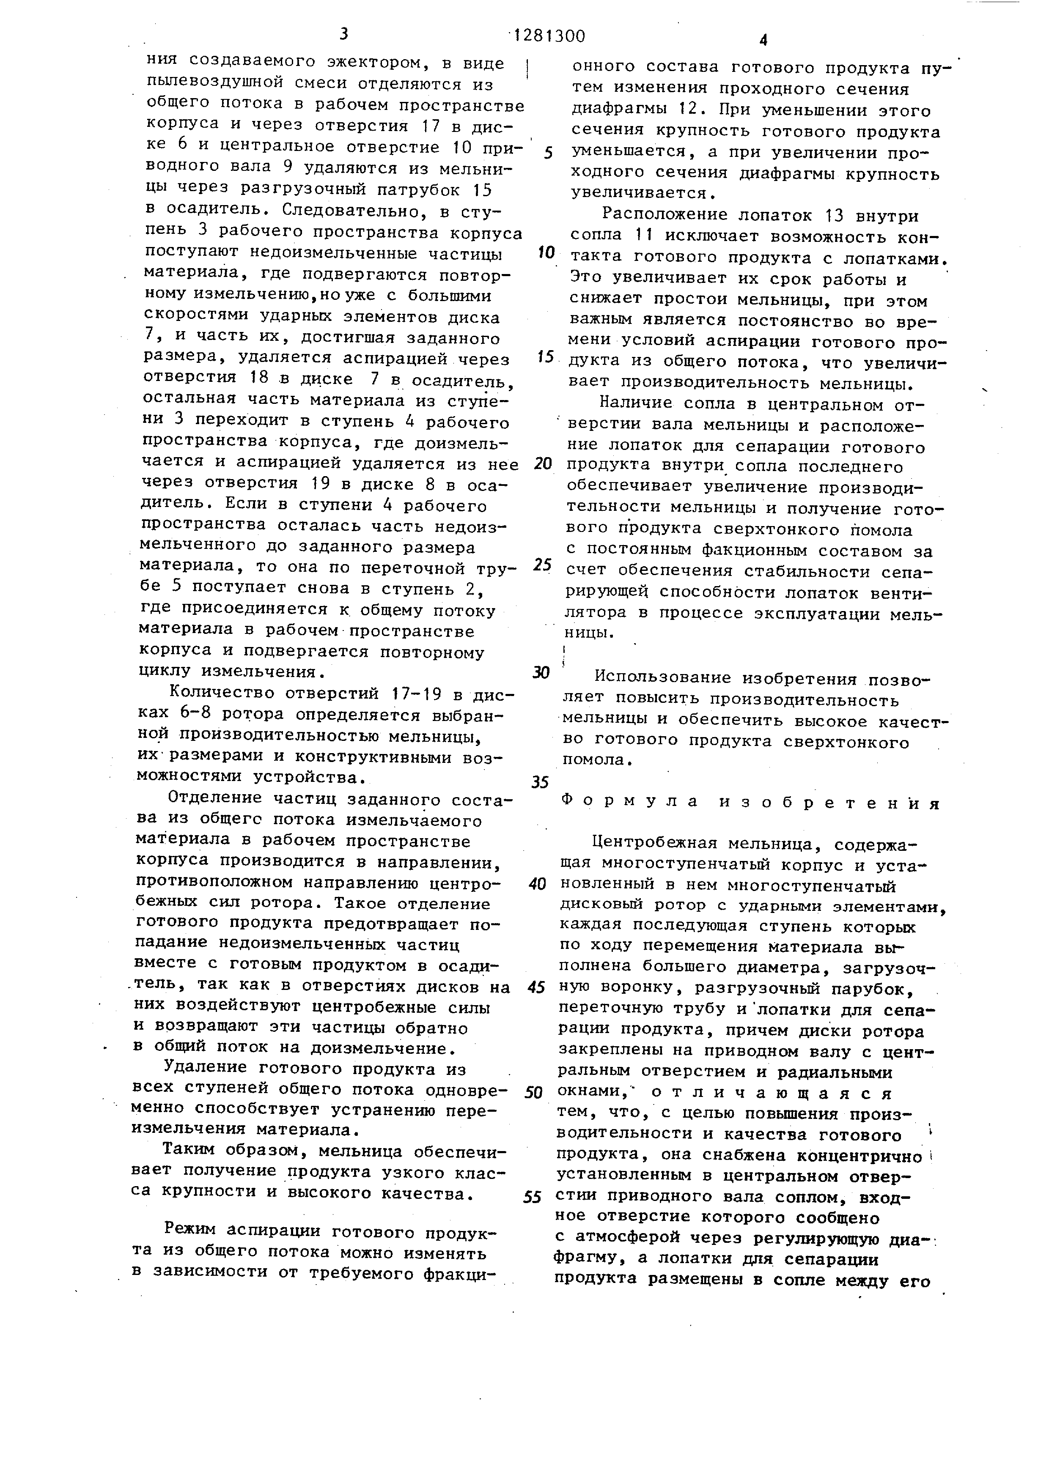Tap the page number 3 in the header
pyautogui.click(x=343, y=33)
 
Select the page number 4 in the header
pyautogui.click(x=763, y=41)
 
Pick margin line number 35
pyautogui.click(x=540, y=782)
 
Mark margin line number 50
pyautogui.click(x=533, y=1092)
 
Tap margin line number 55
pyautogui.click(x=532, y=1197)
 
